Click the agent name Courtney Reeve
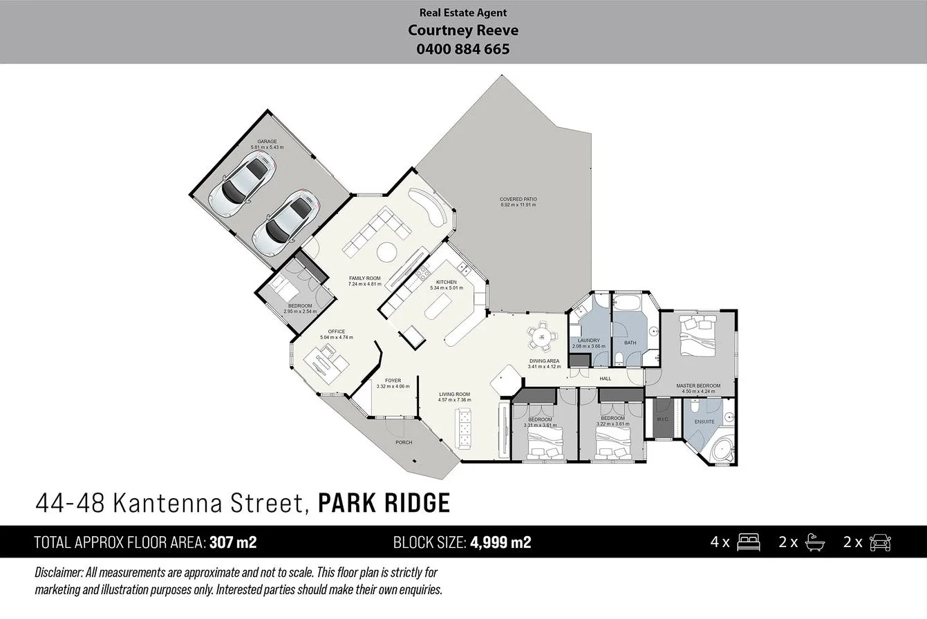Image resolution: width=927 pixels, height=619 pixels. click(462, 30)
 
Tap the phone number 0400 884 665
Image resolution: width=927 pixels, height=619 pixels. click(462, 49)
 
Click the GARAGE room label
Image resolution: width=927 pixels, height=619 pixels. click(267, 142)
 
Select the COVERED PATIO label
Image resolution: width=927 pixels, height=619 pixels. click(518, 200)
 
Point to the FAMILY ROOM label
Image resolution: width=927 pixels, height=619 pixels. click(364, 278)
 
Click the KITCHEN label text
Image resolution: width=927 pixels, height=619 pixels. click(446, 282)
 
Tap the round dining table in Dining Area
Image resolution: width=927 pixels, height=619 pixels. click(543, 336)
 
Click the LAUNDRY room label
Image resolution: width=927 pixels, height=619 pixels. click(588, 341)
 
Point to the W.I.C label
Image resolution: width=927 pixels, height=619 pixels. click(662, 419)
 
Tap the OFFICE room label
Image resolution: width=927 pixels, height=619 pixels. click(337, 332)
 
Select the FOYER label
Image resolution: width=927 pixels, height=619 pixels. click(393, 381)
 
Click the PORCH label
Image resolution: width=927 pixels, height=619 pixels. click(404, 442)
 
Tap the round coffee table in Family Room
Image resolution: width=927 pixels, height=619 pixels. click(386, 252)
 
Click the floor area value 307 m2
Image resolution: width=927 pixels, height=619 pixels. click(233, 542)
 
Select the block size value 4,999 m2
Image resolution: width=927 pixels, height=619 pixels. click(500, 542)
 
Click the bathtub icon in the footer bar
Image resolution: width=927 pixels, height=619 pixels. click(815, 542)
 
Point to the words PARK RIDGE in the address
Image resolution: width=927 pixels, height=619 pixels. click(384, 503)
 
